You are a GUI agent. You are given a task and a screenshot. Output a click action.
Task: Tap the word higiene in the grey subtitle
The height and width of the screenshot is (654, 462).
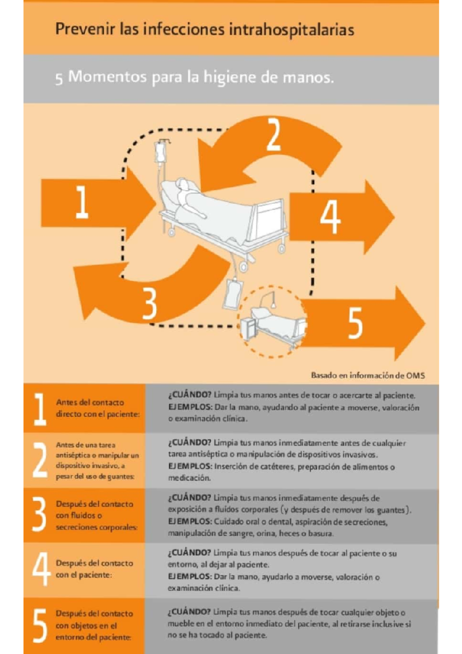tap(231, 78)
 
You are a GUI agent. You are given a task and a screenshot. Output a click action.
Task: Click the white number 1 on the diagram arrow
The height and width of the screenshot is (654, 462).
tap(82, 203)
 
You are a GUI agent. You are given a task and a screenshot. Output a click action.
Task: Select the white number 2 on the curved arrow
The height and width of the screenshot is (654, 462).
tap(274, 135)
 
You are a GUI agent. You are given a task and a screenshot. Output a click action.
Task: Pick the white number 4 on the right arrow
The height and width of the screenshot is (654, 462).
tap(330, 216)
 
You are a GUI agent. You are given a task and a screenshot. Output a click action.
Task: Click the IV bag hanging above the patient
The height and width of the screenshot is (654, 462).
tap(160, 153)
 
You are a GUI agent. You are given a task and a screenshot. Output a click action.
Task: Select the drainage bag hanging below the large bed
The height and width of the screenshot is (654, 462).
tap(233, 294)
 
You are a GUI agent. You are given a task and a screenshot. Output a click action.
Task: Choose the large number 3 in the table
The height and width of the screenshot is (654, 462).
tap(39, 515)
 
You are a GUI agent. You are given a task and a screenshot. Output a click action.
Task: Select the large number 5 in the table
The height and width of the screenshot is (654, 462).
tap(40, 625)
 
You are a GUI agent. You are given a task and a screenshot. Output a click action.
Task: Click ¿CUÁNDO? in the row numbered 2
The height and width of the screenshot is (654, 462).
tap(189, 443)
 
